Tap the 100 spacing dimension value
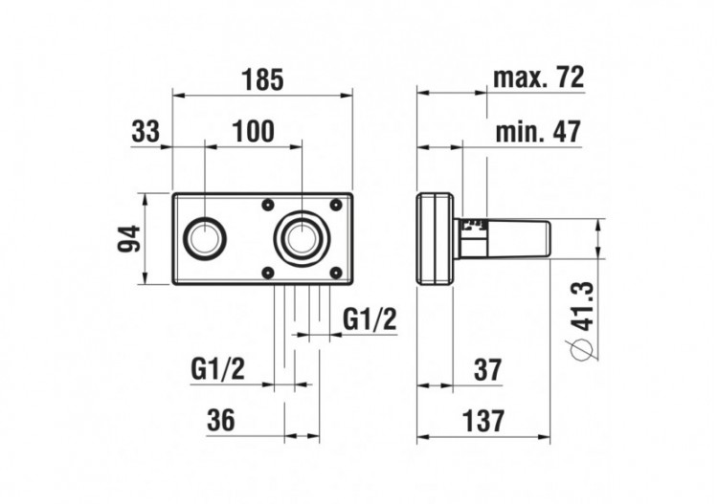click(253, 132)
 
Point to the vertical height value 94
click(129, 239)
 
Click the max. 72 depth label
click(539, 78)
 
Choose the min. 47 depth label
click(538, 132)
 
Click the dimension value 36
click(223, 420)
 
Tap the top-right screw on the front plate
click(335, 204)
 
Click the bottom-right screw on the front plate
click(335, 274)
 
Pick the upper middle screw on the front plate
click(268, 204)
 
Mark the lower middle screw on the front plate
click(268, 274)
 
